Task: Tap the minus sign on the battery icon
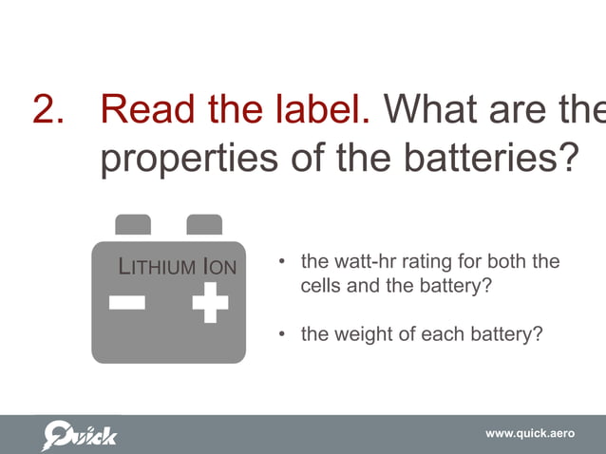[x=126, y=303]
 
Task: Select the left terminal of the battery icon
[x=133, y=224]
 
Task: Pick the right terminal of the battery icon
[x=204, y=224]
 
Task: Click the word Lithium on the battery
[x=156, y=267]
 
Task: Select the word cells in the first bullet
[x=320, y=283]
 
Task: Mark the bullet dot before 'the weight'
[x=281, y=334]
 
